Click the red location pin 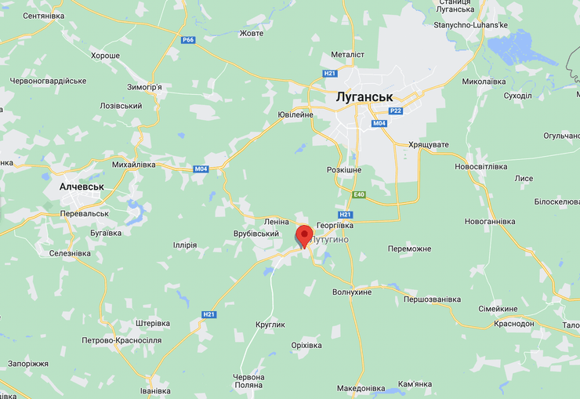click(304, 234)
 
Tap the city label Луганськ click(363, 98)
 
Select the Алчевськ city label click(82, 187)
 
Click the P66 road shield click(187, 40)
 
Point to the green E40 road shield click(358, 194)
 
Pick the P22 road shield click(396, 111)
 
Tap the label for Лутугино click(331, 238)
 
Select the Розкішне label click(344, 169)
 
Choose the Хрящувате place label click(429, 145)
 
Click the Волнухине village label click(352, 292)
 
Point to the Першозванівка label click(433, 299)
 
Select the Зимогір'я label click(144, 87)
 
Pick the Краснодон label click(514, 324)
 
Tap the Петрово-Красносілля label click(121, 340)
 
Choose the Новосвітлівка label click(481, 166)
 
